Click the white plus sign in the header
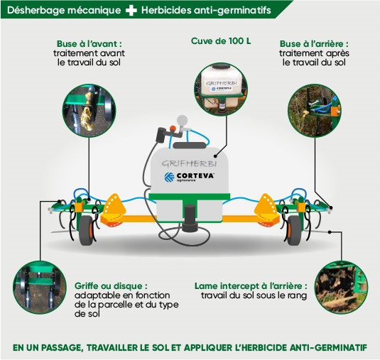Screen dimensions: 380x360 (x=131, y=10)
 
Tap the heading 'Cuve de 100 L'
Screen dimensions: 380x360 (x=221, y=41)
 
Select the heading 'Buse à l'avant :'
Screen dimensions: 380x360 (x=89, y=44)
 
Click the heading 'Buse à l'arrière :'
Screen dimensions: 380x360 (x=314, y=44)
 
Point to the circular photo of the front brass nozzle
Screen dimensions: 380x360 (x=89, y=111)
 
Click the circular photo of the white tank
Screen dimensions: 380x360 (x=221, y=89)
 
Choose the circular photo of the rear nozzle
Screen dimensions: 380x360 (x=315, y=111)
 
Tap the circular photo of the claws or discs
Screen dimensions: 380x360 (x=40, y=288)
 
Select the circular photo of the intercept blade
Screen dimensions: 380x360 (x=341, y=288)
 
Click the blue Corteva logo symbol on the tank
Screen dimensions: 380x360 (x=169, y=177)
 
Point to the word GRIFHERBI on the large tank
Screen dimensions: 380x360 (x=189, y=164)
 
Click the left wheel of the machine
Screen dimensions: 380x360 (x=86, y=230)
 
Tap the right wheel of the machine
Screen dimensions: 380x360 (x=294, y=230)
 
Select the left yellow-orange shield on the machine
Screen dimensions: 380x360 (x=114, y=209)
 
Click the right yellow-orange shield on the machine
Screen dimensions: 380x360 (x=266, y=209)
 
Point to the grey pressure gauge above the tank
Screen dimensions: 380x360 (x=183, y=121)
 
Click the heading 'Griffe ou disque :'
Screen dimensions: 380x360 (x=111, y=286)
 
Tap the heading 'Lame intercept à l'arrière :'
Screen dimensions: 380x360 (x=251, y=286)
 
